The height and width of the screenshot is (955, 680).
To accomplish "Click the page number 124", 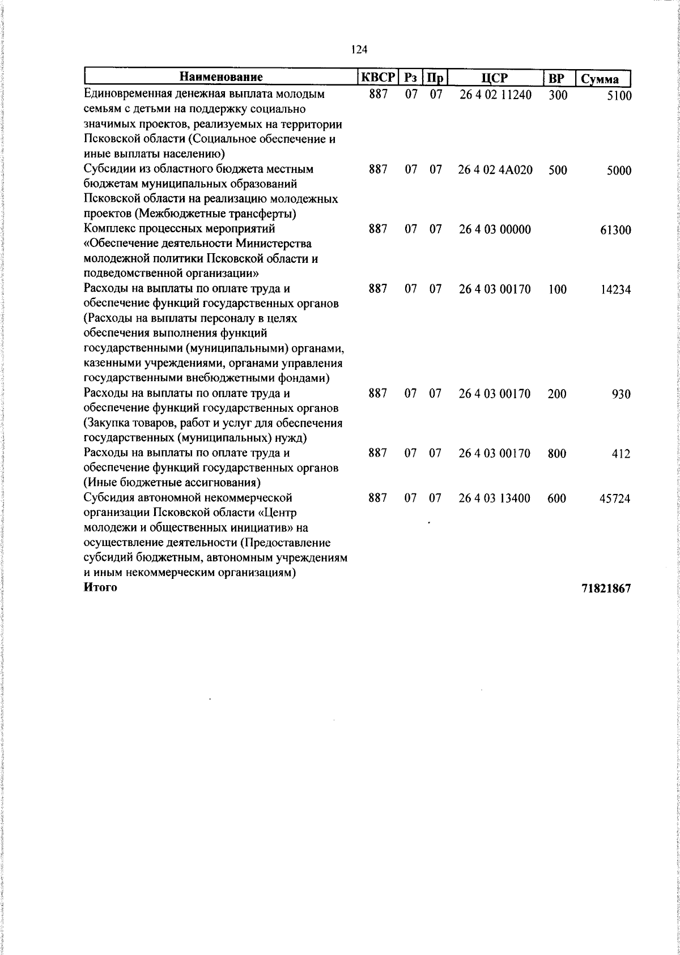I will pos(359,50).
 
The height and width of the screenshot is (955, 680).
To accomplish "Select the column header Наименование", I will pos(222,78).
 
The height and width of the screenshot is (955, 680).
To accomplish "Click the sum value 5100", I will pos(619,96).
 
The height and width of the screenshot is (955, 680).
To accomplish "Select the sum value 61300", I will pos(615,231).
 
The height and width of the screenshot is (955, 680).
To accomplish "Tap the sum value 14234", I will pos(615,290).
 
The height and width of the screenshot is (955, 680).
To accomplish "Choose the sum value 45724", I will pos(615,499).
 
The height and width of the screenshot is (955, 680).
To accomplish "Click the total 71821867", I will pos(606,589).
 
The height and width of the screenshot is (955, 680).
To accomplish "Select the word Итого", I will pos(100,587).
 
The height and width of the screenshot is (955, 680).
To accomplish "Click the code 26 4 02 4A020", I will pos(495,170).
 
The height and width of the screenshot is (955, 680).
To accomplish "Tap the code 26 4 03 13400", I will pos(495,498).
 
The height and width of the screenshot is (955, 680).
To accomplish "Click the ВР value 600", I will pos(557,498).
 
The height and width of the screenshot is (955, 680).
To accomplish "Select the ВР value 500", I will pos(558,170).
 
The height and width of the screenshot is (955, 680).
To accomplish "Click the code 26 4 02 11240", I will pos(495,95).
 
